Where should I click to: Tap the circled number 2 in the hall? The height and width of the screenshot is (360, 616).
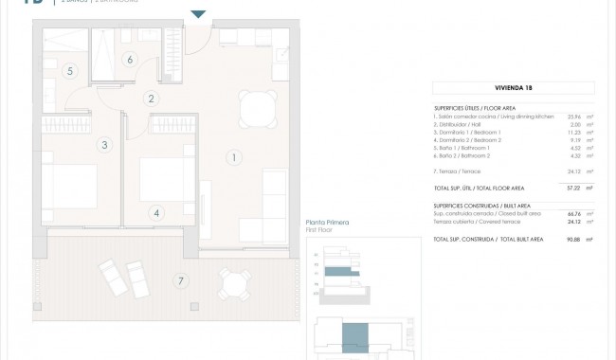pyautogui.click(x=150, y=98)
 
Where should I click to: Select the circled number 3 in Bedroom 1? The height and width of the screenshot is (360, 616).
pyautogui.click(x=104, y=145)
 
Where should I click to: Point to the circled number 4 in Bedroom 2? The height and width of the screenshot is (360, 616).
pyautogui.click(x=156, y=213)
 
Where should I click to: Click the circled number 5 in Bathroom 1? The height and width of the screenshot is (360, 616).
pyautogui.click(x=69, y=71)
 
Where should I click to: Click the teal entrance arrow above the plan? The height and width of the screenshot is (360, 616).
pyautogui.click(x=197, y=14)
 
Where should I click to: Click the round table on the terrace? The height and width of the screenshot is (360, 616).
pyautogui.click(x=232, y=282)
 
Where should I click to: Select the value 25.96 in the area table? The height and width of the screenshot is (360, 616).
pyautogui.click(x=571, y=116)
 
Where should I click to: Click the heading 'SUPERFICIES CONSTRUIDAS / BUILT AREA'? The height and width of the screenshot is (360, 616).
pyautogui.click(x=482, y=206)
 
